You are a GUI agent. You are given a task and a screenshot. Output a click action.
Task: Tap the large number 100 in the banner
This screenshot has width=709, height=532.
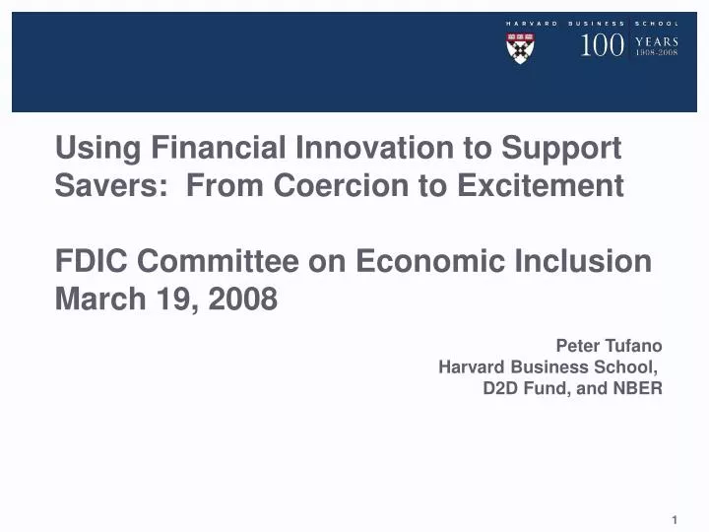pyautogui.click(x=601, y=45)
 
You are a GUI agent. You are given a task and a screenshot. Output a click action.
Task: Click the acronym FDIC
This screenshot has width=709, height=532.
pyautogui.click(x=91, y=261)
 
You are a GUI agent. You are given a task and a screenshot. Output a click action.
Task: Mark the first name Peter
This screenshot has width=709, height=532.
pyautogui.click(x=576, y=346)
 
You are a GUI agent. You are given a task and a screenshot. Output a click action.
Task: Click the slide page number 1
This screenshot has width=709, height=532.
pyautogui.click(x=676, y=519)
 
